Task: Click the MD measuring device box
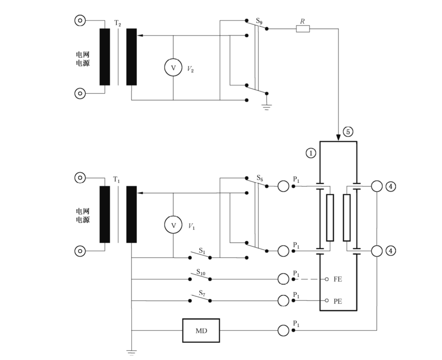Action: pos(201,330)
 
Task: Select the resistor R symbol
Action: pos(303,28)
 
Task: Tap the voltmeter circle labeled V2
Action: pos(173,67)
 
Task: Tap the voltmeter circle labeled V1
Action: pos(173,225)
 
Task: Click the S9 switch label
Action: pos(259,21)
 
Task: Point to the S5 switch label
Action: pos(260,178)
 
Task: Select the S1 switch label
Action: pos(202,250)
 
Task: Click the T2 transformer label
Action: pos(117,23)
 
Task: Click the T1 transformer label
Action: pos(116,179)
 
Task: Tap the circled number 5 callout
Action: pos(348,131)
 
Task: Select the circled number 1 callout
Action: pos(311,153)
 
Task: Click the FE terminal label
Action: pos(338,279)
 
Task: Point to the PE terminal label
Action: pos(338,301)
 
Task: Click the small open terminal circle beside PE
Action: pos(327,301)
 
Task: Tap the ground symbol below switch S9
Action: pos(267,107)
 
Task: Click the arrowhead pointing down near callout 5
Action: pos(338,137)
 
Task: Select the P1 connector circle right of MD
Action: pos(283,330)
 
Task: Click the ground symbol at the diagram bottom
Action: pos(131,353)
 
